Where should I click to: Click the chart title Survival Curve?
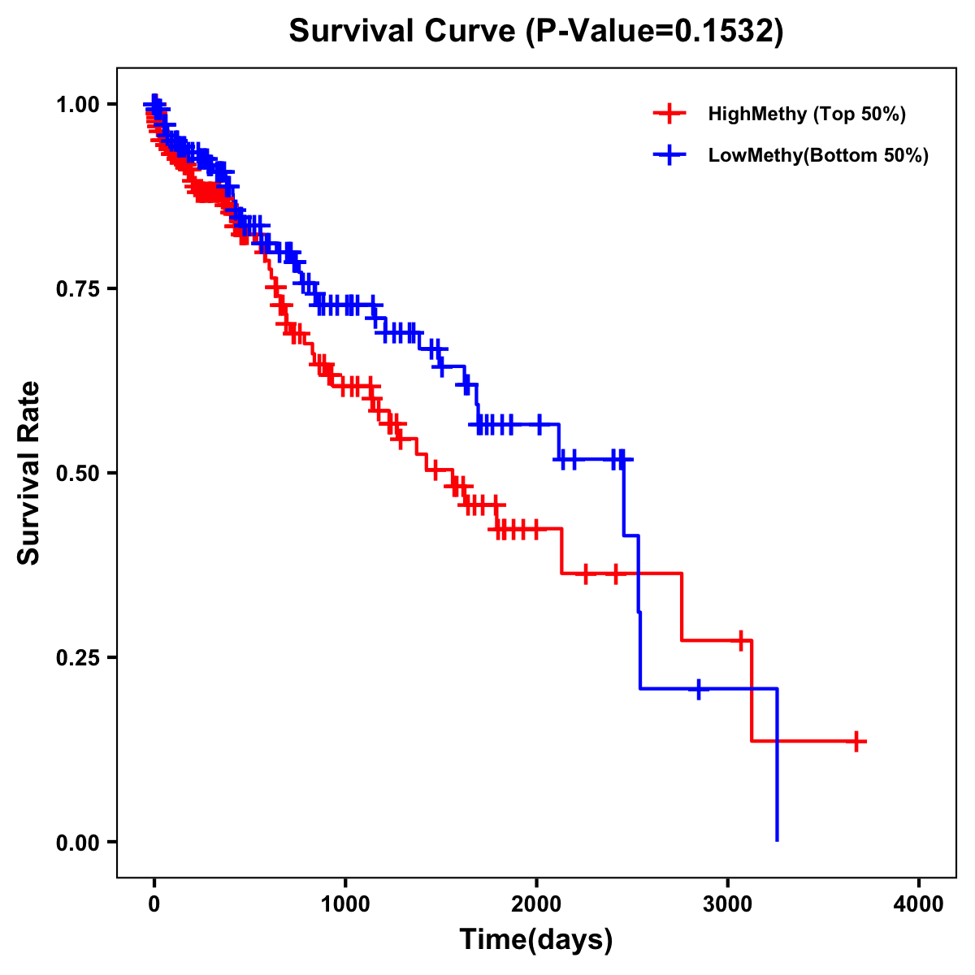[x=401, y=32]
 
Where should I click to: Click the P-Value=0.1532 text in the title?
[x=655, y=32]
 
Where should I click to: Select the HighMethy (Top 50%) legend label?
[x=807, y=114]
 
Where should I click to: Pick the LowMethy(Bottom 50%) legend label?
[x=818, y=155]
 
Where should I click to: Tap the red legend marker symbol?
[x=669, y=114]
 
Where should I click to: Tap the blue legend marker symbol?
[x=669, y=155]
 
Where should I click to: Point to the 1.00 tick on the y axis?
[x=76, y=104]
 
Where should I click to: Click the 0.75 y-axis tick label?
[x=76, y=288]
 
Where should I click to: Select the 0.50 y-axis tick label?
[x=76, y=473]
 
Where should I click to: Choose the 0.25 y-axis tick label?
[x=76, y=657]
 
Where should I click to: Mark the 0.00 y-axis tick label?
[x=76, y=842]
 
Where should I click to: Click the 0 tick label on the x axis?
[x=154, y=903]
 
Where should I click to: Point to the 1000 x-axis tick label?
[x=345, y=903]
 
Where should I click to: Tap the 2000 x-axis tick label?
[x=536, y=903]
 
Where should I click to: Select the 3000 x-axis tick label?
[x=728, y=903]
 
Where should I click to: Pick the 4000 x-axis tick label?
[x=919, y=903]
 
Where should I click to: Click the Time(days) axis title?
[x=536, y=940]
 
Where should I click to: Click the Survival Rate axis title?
[x=30, y=473]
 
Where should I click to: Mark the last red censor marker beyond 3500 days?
[x=856, y=741]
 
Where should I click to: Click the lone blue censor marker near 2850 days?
[x=699, y=689]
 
